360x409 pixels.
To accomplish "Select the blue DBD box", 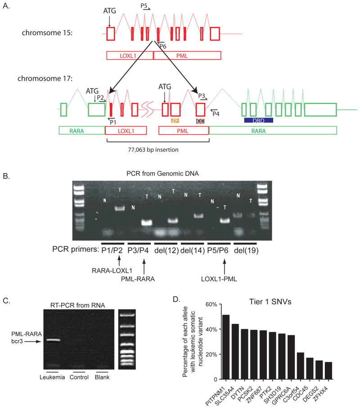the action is pos(258,121).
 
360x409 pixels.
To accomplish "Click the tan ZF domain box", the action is pos(175,121).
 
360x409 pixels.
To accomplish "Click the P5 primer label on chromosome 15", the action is pos(144,6).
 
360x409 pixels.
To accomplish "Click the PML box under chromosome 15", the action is pos(187,55).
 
